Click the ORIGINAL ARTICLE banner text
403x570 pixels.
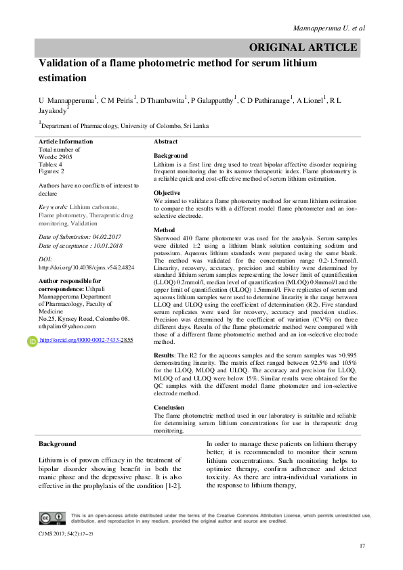[303, 47]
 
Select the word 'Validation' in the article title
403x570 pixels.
[67, 63]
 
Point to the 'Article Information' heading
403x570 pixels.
[67, 141]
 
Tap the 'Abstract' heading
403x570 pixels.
[166, 141]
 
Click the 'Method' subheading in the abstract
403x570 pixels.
[165, 230]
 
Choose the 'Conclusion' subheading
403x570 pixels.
[169, 408]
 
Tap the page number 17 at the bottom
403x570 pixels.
[363, 546]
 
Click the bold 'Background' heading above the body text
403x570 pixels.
[57, 444]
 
